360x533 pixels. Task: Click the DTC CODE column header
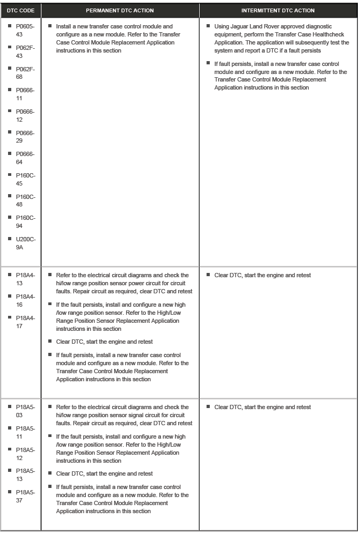coord(20,10)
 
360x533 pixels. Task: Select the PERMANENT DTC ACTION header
coord(120,10)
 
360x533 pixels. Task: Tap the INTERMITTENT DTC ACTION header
coord(278,10)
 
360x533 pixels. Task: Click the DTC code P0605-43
coord(25,30)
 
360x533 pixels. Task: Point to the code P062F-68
coord(25,72)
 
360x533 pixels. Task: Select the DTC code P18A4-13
coord(25,279)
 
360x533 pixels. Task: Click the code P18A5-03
coord(25,411)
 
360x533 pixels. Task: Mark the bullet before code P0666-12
coord(10,111)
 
